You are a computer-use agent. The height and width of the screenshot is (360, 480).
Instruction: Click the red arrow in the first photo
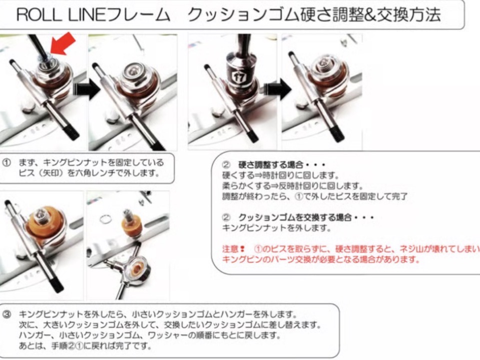pos(63,44)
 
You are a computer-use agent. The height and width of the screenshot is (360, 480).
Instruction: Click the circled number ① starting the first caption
pos(6,162)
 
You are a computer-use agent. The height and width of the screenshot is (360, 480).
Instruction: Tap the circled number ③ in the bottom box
pos(6,314)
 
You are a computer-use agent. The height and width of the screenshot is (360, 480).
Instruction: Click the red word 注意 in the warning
pos(230,249)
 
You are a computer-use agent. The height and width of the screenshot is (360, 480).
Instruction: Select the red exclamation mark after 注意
pos(242,249)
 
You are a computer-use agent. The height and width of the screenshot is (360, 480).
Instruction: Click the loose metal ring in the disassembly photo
pos(105,219)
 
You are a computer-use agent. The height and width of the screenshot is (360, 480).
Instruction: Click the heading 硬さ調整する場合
pos(270,165)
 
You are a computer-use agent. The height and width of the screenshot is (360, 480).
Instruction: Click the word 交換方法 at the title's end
pos(409,14)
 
